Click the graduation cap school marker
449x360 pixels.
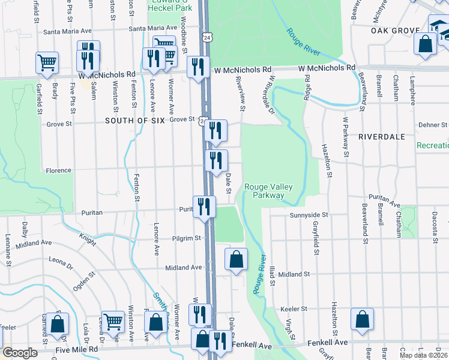(438, 27)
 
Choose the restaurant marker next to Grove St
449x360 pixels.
(215, 131)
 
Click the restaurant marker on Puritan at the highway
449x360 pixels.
(204, 206)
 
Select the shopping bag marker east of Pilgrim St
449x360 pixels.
(237, 260)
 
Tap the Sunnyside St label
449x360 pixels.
(309, 214)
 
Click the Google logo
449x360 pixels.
(20, 353)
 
